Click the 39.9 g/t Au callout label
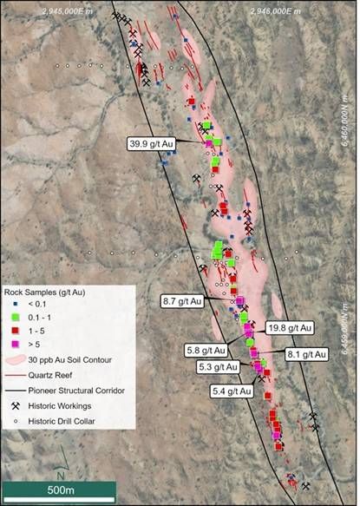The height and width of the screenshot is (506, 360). point(153,144)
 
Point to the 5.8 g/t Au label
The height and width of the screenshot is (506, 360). point(206,351)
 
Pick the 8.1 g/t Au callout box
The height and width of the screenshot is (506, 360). point(306,354)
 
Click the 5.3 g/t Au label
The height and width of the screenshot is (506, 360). point(213,367)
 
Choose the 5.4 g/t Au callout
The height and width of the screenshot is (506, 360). point(232,391)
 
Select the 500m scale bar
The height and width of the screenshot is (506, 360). point(59,490)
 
